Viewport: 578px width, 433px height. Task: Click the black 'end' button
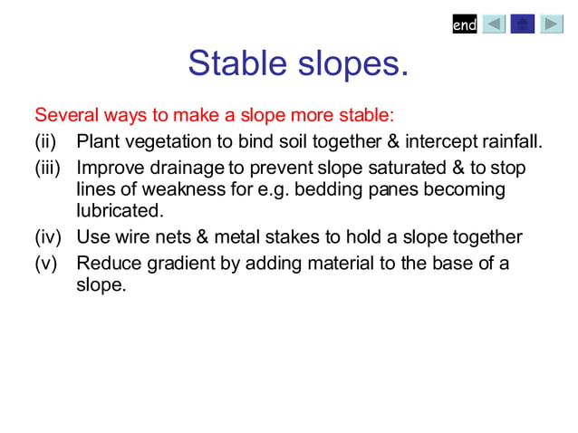[x=464, y=24]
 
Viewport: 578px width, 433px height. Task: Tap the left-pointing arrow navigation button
[x=494, y=24]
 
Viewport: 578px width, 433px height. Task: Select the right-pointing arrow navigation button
[x=552, y=24]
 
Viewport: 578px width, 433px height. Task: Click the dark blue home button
[x=523, y=24]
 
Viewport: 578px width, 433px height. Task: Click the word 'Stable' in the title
[x=236, y=64]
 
